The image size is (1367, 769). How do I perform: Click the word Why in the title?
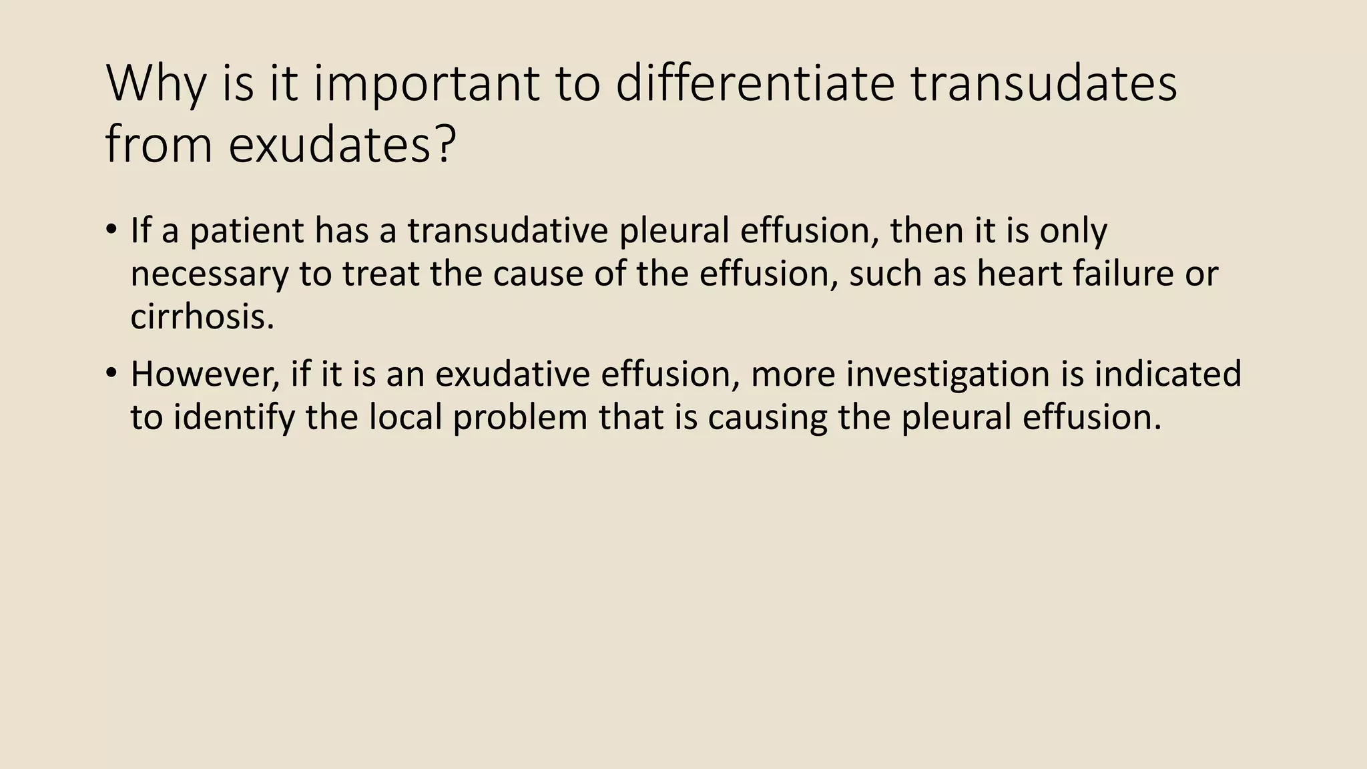pyautogui.click(x=155, y=84)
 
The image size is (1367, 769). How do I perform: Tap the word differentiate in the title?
pyautogui.click(x=754, y=84)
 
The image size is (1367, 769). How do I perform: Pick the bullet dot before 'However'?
pyautogui.click(x=111, y=374)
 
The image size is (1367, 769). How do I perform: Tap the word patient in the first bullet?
pyautogui.click(x=246, y=231)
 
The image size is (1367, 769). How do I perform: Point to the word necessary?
pyautogui.click(x=209, y=274)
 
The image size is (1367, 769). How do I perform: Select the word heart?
pyautogui.click(x=1019, y=273)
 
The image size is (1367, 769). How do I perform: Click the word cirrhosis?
pyautogui.click(x=202, y=316)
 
